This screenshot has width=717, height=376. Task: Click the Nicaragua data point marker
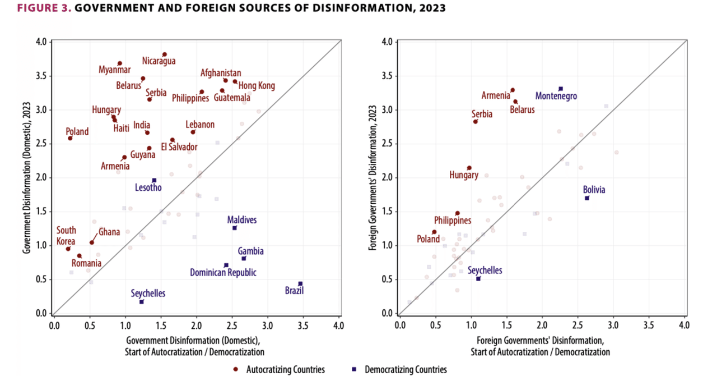tap(164, 54)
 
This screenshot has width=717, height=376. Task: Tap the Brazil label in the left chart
tap(294, 291)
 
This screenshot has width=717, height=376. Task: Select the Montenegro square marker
tap(561, 89)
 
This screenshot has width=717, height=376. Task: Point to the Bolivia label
tap(594, 190)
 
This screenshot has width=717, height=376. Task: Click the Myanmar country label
tap(114, 70)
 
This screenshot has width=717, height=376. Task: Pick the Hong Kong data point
tap(235, 81)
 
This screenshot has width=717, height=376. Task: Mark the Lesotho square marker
tap(154, 180)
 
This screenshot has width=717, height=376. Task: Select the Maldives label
tap(242, 219)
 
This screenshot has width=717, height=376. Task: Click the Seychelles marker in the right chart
tap(478, 278)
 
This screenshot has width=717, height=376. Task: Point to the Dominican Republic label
tap(224, 273)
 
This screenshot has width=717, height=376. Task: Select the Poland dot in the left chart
tap(70, 138)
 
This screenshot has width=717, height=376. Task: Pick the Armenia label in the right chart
tap(496, 96)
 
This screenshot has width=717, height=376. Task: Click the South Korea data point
tap(68, 249)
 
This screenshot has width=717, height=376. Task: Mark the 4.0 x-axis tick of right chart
tap(684, 324)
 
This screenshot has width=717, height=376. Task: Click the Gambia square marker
tap(244, 258)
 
